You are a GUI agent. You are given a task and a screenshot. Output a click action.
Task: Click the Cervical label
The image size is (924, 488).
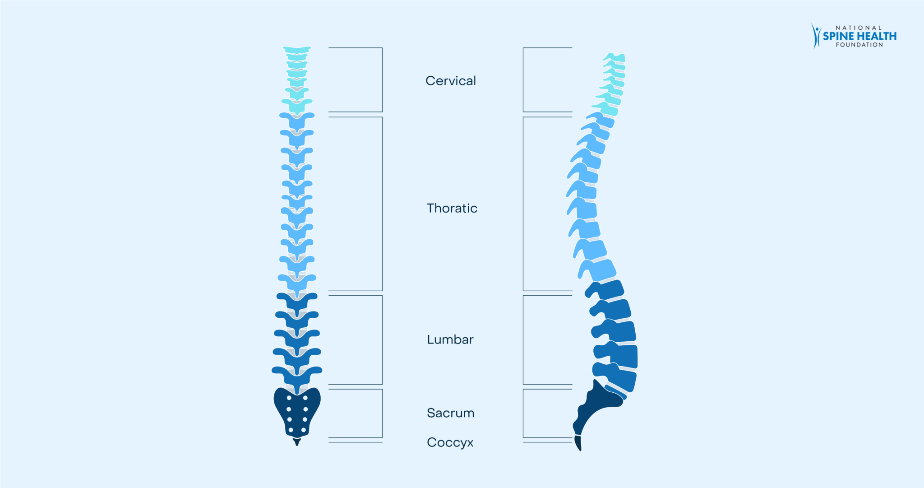pyautogui.click(x=451, y=81)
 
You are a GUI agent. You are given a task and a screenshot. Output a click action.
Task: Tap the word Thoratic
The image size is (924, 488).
pyautogui.click(x=452, y=208)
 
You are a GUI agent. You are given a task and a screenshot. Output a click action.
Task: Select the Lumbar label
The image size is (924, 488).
pyautogui.click(x=450, y=339)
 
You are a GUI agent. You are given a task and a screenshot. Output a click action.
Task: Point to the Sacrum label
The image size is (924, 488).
pyautogui.click(x=451, y=413)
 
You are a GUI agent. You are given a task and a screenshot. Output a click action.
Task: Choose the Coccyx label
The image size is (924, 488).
pyautogui.click(x=450, y=442)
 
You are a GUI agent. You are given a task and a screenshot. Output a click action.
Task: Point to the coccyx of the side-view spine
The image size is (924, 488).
pyautogui.click(x=578, y=443)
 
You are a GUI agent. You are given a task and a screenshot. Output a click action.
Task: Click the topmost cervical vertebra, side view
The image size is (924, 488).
pyautogui.click(x=615, y=57)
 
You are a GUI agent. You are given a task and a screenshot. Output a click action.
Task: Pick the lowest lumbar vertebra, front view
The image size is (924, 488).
pyautogui.click(x=297, y=376)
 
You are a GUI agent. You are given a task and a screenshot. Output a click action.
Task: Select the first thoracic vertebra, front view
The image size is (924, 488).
pyautogui.click(x=297, y=121)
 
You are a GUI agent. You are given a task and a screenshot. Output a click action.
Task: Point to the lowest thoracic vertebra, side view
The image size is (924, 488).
pyautogui.click(x=597, y=270)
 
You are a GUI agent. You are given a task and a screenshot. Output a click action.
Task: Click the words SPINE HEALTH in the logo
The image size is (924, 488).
pyautogui.click(x=860, y=36)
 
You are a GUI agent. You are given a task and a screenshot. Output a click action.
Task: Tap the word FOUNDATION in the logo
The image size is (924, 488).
pyautogui.click(x=859, y=45)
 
